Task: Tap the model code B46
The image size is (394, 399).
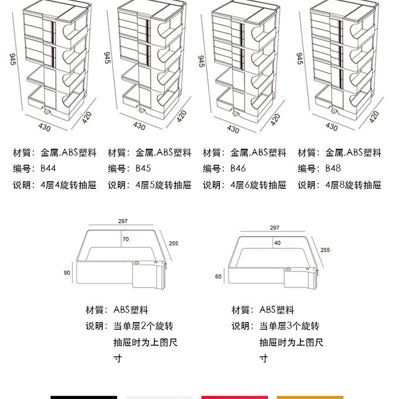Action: [x=238, y=169]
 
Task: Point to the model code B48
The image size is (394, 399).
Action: [x=333, y=169]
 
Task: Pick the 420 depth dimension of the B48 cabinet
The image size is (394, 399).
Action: [x=374, y=117]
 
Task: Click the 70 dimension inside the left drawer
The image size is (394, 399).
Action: [x=126, y=240]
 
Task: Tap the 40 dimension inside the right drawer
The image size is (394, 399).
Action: [x=277, y=243]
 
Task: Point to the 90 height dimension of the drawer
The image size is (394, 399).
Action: [x=67, y=273]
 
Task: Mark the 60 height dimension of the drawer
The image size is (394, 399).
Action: [x=218, y=276]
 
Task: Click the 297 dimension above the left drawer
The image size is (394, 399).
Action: [x=123, y=221]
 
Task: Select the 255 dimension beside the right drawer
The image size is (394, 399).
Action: [x=325, y=250]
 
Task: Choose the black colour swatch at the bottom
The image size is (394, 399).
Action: [x=84, y=397]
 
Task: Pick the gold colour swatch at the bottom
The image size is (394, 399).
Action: [x=310, y=397]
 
